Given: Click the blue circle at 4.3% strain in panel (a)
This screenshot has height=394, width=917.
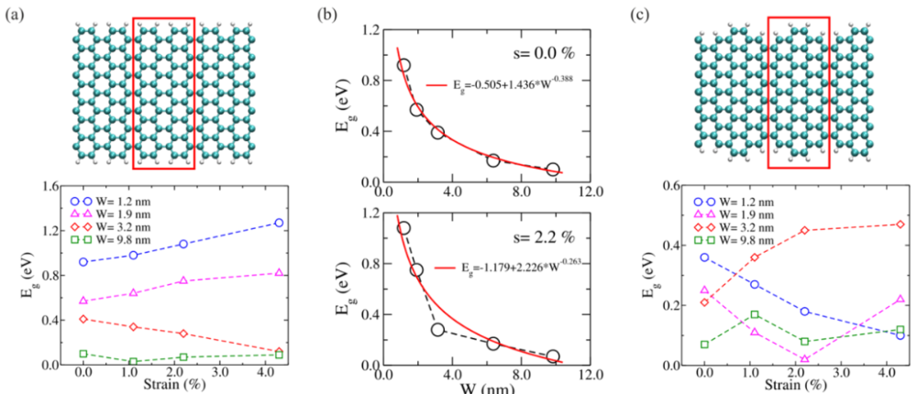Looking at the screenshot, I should point(279,223).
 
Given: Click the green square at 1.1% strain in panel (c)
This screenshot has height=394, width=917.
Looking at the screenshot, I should point(755,314).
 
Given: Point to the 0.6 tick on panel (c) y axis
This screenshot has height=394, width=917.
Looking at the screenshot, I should point(675,186).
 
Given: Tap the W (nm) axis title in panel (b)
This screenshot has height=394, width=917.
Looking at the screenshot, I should point(481,389).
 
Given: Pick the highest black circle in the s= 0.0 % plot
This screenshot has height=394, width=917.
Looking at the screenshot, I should point(403,65).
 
